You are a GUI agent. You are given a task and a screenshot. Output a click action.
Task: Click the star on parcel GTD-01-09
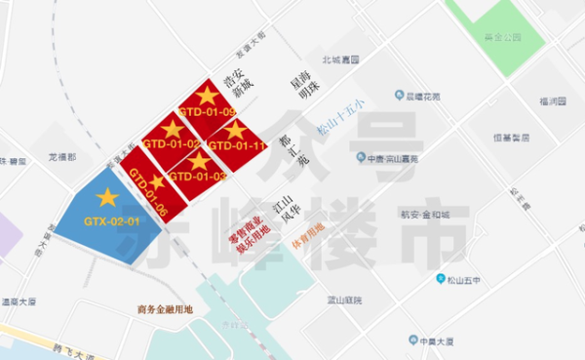click(x=208, y=95)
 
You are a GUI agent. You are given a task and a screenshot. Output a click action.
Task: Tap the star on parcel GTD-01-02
click(x=172, y=129)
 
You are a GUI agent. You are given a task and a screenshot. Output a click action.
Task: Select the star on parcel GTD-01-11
click(x=235, y=129)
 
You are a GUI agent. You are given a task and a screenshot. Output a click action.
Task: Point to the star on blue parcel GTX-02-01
click(x=107, y=198)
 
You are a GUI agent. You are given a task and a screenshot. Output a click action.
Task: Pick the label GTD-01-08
click(x=148, y=193)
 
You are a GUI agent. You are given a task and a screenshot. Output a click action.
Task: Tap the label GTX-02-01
click(x=112, y=220)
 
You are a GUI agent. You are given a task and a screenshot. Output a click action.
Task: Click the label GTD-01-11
click(x=238, y=146)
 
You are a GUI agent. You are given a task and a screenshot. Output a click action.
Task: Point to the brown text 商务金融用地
click(x=166, y=308)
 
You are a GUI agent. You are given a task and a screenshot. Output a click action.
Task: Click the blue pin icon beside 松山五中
click(x=439, y=279)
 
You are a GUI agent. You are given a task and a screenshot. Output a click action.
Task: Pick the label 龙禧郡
click(x=61, y=156)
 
